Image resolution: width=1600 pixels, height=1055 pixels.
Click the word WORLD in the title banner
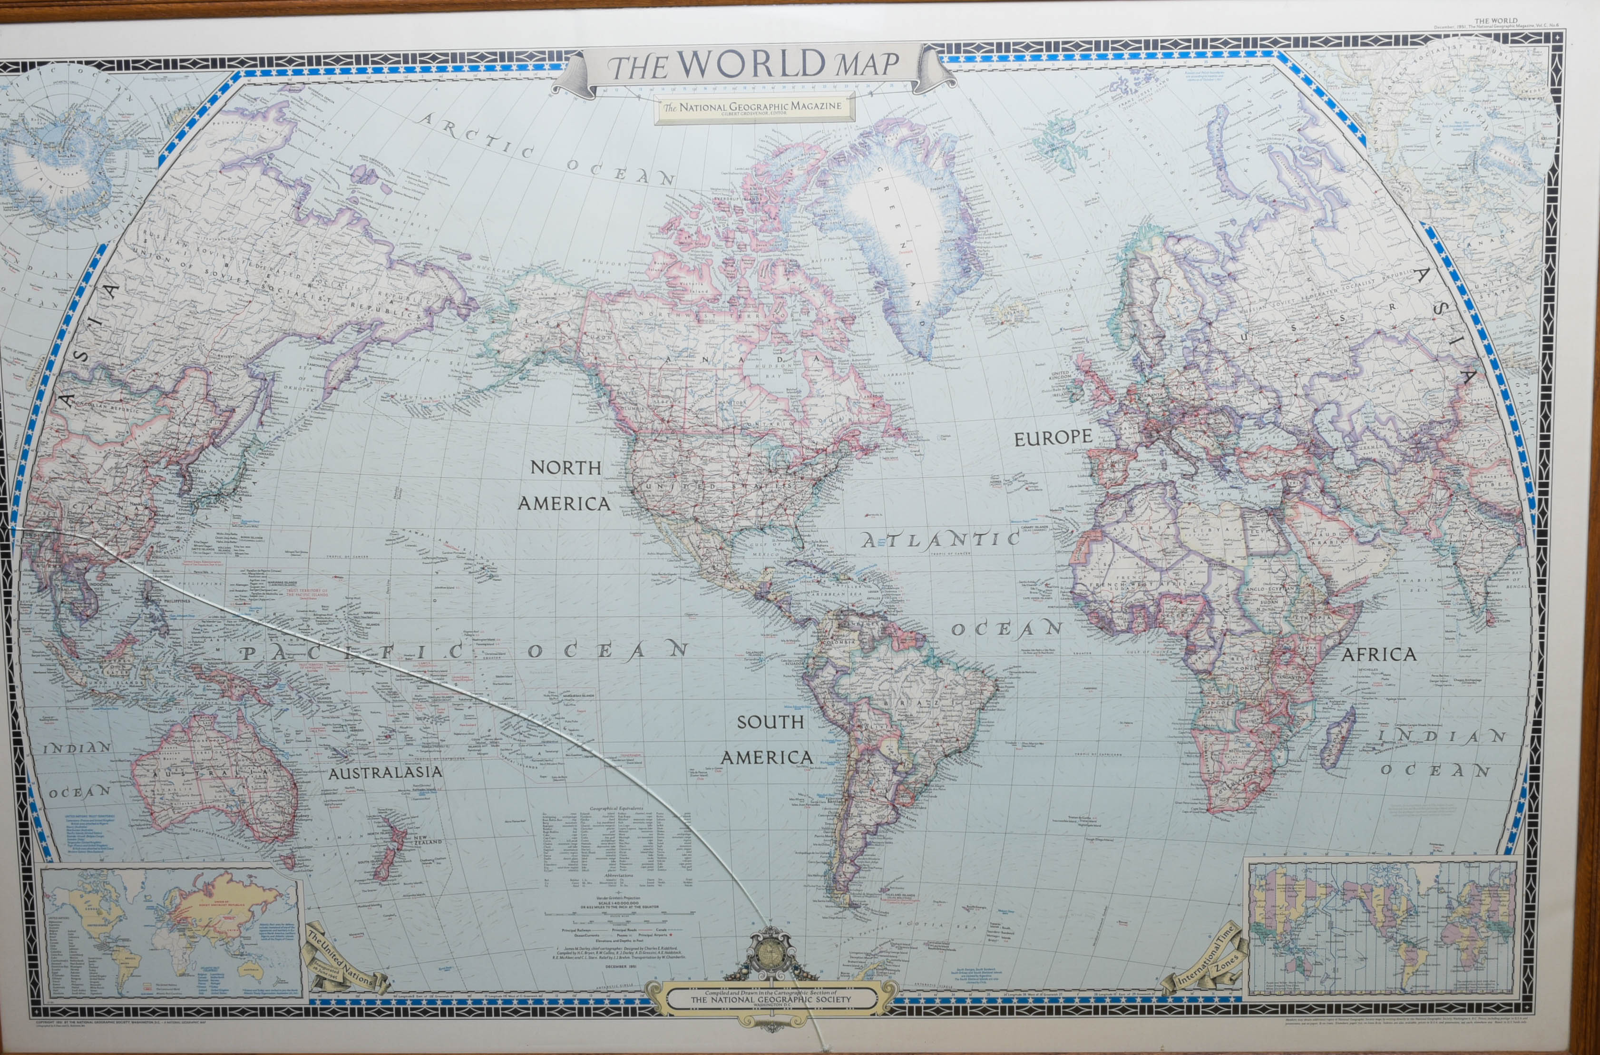[x=751, y=64]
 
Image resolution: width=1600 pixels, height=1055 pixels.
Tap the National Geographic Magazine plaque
[x=753, y=107]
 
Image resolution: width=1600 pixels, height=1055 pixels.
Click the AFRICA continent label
[x=1379, y=654]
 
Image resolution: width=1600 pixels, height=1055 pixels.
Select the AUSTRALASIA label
[x=385, y=772]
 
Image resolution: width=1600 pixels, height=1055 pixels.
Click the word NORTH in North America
[x=565, y=468]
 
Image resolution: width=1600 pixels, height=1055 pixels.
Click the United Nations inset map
[x=172, y=932]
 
